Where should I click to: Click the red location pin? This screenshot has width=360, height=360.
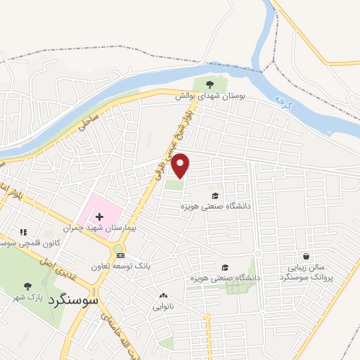click(x=181, y=165)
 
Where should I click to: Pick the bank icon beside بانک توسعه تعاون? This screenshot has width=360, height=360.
click(x=121, y=255)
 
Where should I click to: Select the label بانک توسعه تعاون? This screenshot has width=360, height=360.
click(x=121, y=266)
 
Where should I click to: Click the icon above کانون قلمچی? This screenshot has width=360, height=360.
click(x=22, y=231)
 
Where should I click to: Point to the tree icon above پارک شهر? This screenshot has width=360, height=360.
click(x=27, y=285)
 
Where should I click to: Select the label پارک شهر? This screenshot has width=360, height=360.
click(x=27, y=297)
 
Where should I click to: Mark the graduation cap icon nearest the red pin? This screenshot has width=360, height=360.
click(x=215, y=195)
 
